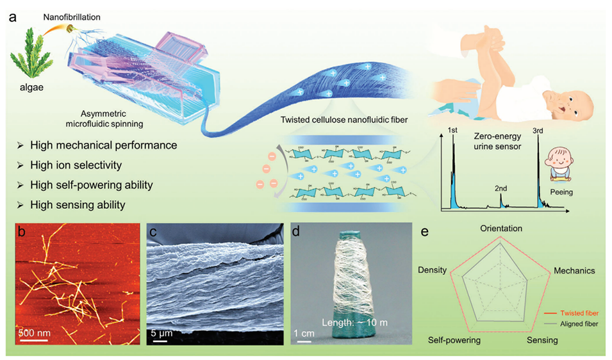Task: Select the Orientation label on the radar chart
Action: pos(500,229)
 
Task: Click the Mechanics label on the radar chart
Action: pos(574,271)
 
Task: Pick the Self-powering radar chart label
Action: pos(454,340)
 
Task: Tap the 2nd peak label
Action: pos(502,190)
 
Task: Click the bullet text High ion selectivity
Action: pos(76,165)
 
